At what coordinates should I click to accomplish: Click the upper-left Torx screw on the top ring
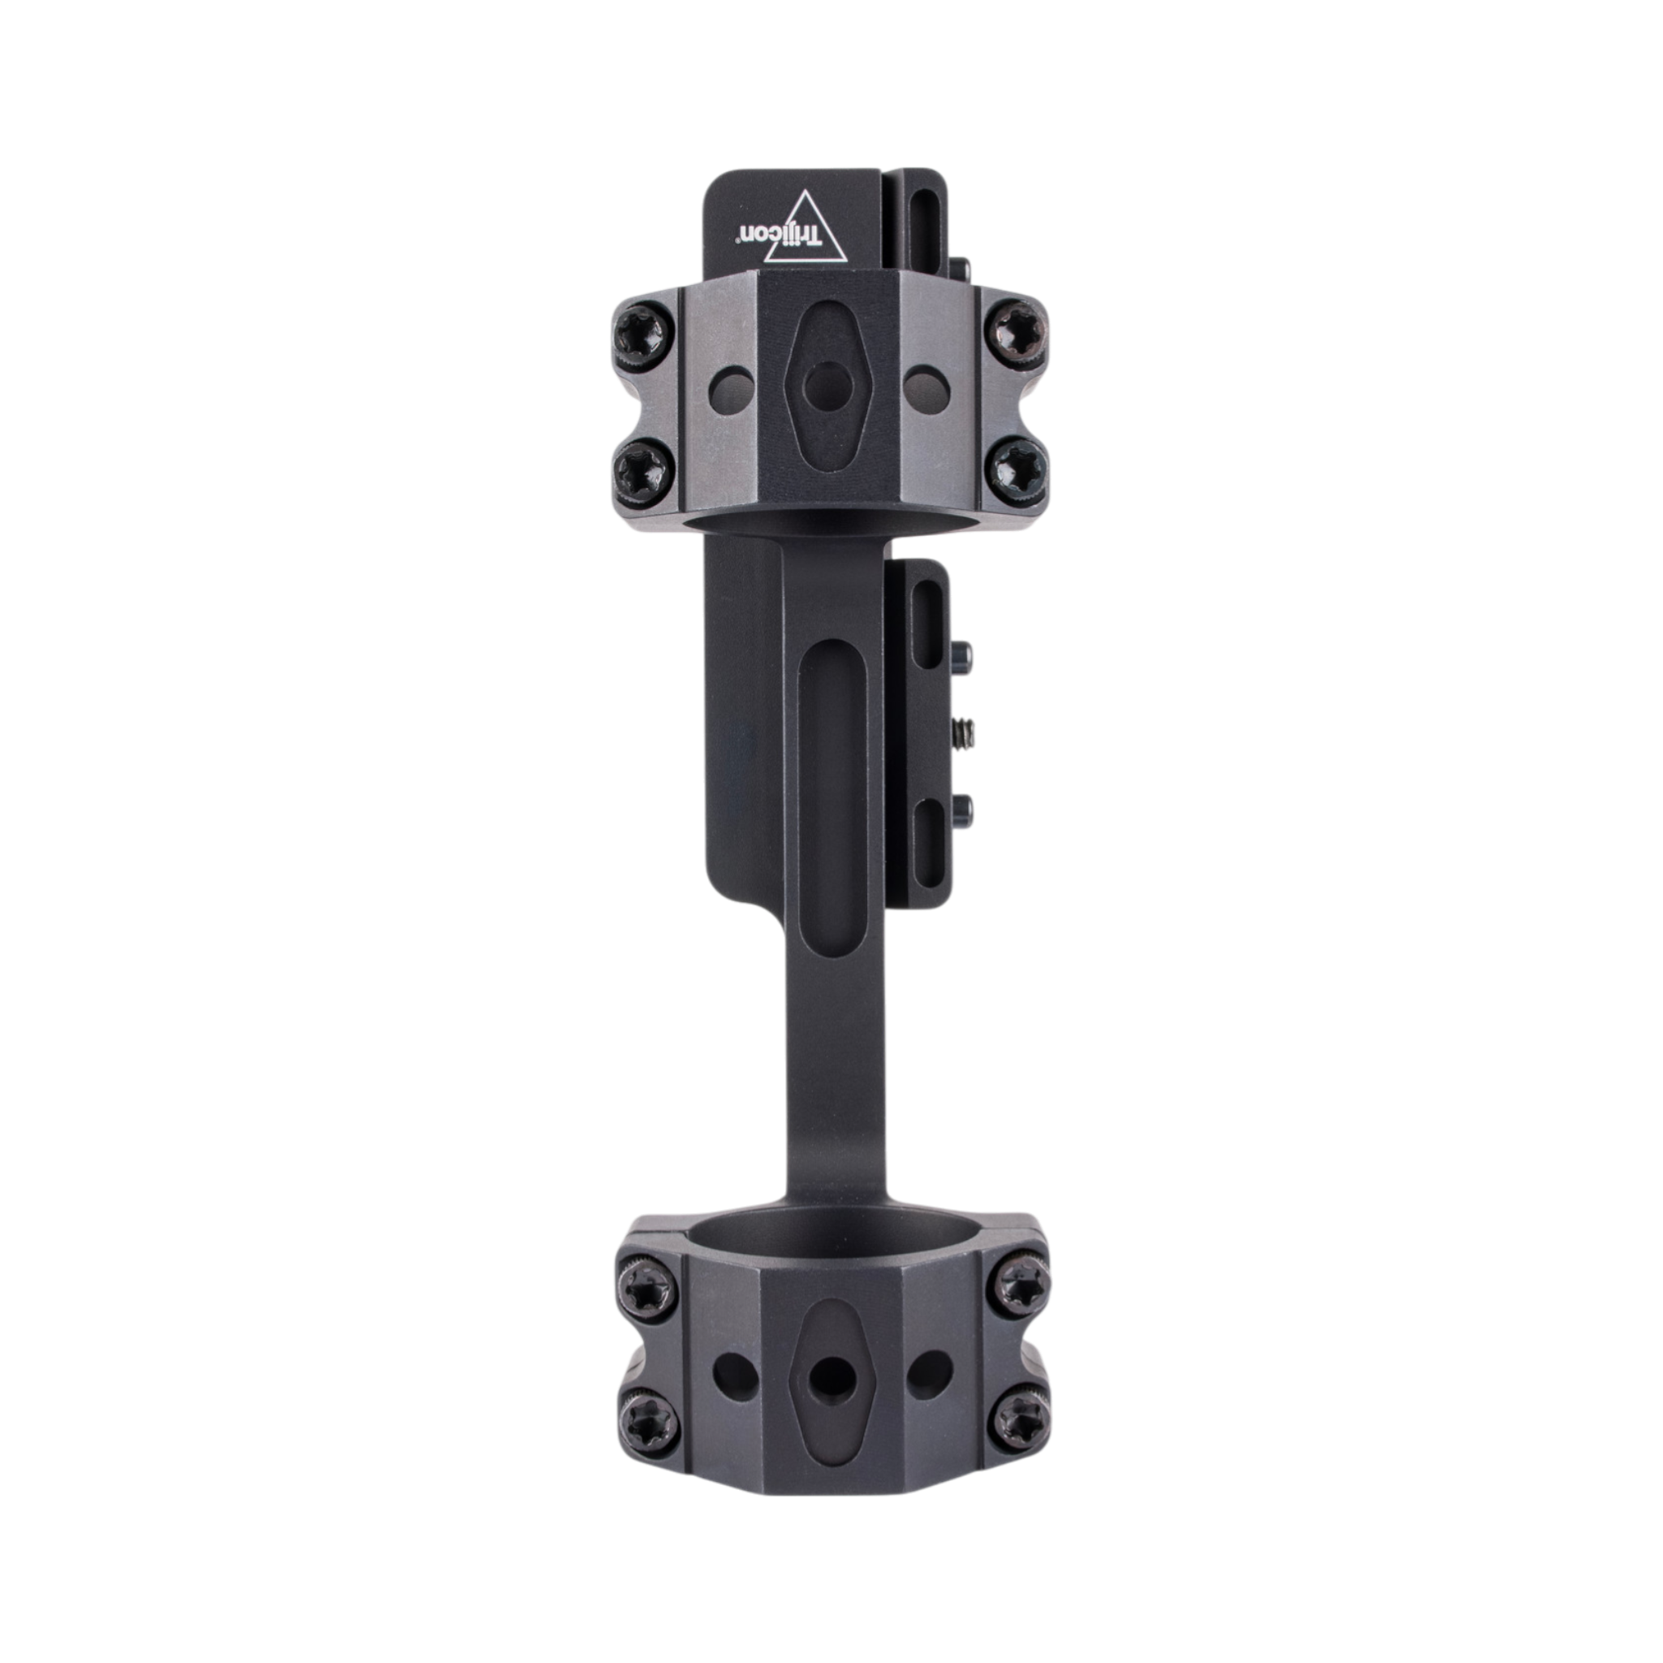coord(639,330)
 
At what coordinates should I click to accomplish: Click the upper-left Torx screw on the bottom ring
coord(640,1288)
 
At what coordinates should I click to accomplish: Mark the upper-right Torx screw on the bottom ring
coord(1021,1288)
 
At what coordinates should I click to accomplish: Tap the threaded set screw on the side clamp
coord(961,732)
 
